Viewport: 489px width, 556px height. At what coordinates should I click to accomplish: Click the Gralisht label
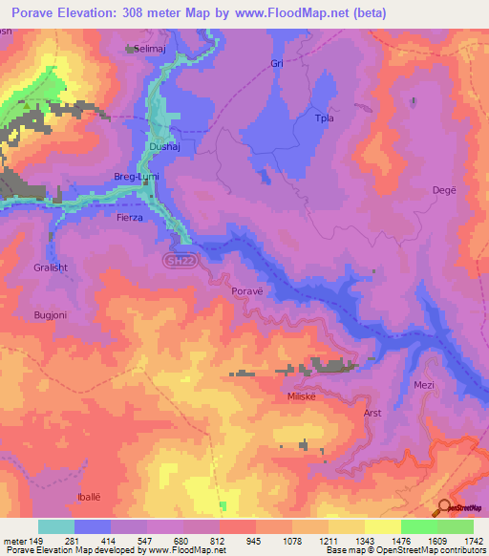click(x=50, y=268)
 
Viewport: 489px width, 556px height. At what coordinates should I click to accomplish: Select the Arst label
click(x=373, y=414)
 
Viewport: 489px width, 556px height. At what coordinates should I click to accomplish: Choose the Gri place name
click(x=277, y=63)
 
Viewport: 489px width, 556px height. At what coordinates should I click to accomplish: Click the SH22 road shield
click(x=172, y=259)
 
